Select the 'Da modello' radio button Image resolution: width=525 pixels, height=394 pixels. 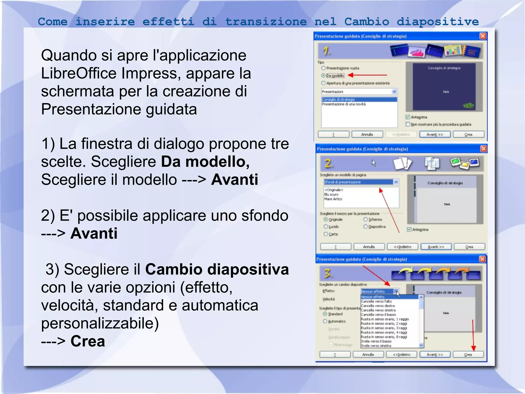tap(324, 76)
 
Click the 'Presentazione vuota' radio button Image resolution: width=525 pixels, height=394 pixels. tap(324, 68)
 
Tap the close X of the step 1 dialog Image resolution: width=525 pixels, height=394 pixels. tap(483, 36)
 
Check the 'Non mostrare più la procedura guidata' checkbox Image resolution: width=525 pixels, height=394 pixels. tap(408, 124)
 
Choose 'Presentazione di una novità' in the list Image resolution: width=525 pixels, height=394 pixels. tap(344, 104)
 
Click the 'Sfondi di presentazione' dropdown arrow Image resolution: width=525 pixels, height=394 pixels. tap(396, 182)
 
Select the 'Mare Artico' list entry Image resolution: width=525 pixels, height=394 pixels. tap(333, 199)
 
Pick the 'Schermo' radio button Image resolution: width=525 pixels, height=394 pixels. tap(366, 220)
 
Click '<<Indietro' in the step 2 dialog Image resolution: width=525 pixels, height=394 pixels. tap(402, 247)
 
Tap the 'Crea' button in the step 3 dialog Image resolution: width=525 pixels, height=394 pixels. tap(468, 354)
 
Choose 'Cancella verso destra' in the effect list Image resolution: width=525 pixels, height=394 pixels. tap(378, 306)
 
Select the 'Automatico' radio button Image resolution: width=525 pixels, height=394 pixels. tap(325, 321)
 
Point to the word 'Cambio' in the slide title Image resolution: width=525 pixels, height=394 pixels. tap(367, 22)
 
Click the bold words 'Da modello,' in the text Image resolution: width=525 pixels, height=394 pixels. tap(205, 162)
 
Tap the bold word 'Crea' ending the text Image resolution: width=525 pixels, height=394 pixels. tap(88, 341)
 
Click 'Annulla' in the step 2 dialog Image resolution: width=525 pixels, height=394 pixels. tap(369, 247)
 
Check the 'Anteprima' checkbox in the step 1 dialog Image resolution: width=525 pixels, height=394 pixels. tap(408, 117)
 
